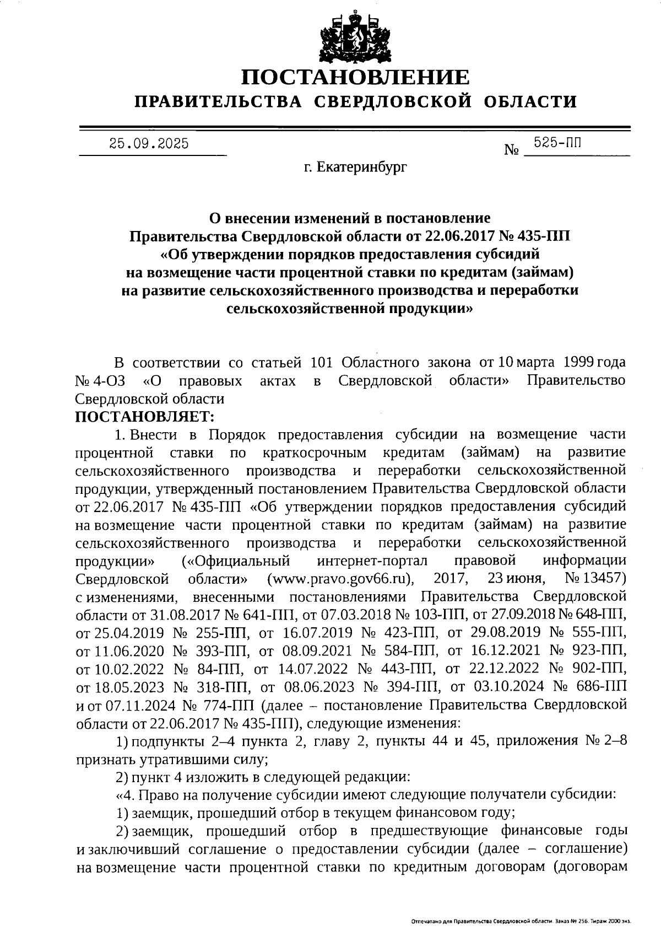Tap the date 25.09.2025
coord(149,144)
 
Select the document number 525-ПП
coord(557,143)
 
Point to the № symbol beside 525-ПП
coord(512,150)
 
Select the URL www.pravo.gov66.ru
coord(340,579)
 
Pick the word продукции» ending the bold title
coord(427,309)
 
